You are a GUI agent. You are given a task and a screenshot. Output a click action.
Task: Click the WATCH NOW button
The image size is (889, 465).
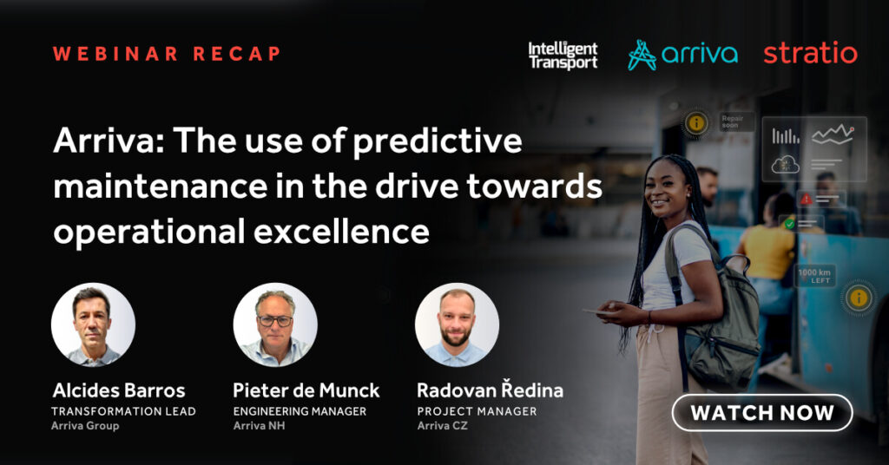pos(762,412)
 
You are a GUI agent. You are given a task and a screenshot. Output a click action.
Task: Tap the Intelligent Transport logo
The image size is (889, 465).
pos(563,56)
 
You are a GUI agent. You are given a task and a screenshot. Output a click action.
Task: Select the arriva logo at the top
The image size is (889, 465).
pos(682,55)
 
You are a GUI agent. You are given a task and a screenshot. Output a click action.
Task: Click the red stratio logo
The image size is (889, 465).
pos(810,53)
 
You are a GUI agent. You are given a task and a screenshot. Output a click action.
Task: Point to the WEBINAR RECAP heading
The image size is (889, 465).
pos(167,53)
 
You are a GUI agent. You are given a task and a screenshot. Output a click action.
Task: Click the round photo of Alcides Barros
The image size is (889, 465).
pos(93,324)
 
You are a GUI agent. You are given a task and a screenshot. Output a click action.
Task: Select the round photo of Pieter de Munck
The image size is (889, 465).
pos(275,324)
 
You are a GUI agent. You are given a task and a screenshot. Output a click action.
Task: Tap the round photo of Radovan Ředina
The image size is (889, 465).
pos(457,324)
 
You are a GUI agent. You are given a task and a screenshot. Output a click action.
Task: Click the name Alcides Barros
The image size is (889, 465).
pos(119,390)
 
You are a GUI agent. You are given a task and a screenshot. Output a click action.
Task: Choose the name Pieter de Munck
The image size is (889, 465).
pos(306,390)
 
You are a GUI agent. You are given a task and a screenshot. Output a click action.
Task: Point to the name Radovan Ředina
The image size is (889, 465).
pos(490,390)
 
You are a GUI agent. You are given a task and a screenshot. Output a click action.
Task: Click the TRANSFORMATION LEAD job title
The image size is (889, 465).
pos(123,411)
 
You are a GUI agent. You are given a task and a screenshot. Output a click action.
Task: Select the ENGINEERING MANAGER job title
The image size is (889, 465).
pos(300,411)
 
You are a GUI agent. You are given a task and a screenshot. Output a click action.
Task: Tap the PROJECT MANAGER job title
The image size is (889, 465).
pos(477,411)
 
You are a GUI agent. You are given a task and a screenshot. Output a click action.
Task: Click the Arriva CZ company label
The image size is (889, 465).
pos(442,425)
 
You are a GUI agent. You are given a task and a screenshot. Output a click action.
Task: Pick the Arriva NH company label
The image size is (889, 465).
pos(259,425)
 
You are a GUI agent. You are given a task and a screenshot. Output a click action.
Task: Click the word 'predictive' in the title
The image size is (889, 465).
pos(438,141)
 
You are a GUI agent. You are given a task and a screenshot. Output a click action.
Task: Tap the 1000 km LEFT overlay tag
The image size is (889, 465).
pos(814,276)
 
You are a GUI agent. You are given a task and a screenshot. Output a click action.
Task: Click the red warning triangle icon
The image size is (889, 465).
pos(806,200)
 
